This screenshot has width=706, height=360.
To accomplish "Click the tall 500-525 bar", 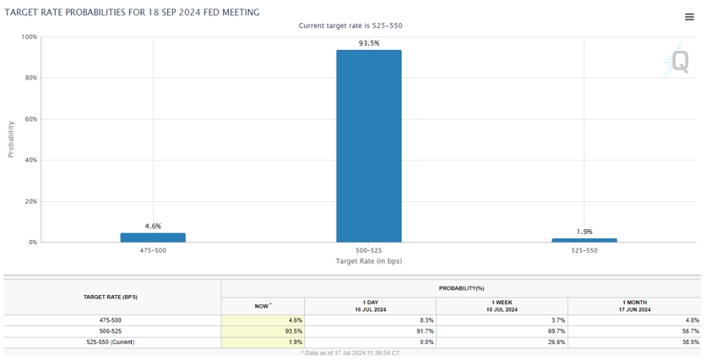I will pos(369,146).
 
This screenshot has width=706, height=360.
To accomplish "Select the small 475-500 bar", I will pos(153,237).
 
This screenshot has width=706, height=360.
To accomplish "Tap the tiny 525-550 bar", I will pos(584,240).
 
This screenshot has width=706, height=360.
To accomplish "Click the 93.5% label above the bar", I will pos(369,43).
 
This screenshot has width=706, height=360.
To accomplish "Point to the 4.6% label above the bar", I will pos(153,226).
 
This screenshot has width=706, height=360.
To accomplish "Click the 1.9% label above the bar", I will pos(584,232).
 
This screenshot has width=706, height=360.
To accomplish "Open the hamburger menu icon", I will pos(689,17).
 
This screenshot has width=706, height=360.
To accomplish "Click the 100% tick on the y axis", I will pos(29,37).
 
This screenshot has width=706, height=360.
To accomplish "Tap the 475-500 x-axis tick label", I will pos(153,251).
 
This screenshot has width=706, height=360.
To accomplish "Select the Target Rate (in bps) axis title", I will pos(369,261).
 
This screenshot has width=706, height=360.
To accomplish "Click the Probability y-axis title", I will pos(11,139).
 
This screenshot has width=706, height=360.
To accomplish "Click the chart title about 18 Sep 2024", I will pos(133,13).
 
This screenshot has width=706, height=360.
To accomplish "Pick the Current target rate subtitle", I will pos(350,26).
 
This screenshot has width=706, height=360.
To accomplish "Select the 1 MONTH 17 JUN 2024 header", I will pos(634,306).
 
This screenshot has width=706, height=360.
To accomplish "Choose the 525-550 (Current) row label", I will pos(111,342).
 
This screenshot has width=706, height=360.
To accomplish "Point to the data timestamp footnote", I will pos(350,352).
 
